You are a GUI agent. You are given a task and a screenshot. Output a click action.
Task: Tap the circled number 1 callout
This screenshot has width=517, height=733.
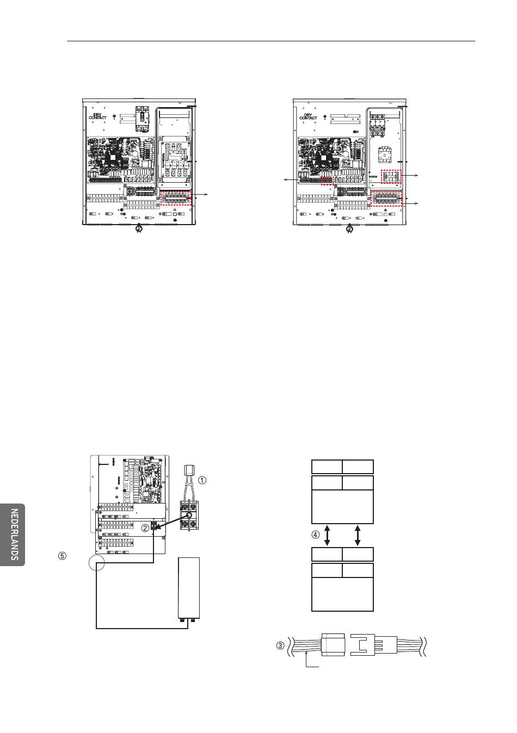click(202, 480)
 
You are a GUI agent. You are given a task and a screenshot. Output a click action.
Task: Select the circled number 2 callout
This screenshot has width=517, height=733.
click(145, 528)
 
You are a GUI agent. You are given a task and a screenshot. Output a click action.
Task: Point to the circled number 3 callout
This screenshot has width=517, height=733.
click(281, 645)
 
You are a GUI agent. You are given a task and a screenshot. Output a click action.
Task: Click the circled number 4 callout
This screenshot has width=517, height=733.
click(315, 535)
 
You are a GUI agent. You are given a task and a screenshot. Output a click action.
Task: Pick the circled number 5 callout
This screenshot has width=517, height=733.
click(62, 556)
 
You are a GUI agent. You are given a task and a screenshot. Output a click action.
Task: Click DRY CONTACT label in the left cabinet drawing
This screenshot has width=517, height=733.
click(97, 116)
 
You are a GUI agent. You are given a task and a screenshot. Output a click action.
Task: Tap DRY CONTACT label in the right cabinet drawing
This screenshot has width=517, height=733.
click(308, 116)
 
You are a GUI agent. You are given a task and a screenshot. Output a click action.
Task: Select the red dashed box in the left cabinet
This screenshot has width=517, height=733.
click(176, 198)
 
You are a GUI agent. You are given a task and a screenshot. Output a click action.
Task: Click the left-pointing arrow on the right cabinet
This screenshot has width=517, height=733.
click(291, 179)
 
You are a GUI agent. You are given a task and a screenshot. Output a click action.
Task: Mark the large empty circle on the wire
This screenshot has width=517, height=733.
click(96, 563)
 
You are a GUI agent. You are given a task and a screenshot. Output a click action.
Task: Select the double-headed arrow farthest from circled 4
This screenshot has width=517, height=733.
click(358, 536)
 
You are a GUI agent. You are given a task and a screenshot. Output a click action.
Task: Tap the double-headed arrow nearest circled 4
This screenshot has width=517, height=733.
click(327, 536)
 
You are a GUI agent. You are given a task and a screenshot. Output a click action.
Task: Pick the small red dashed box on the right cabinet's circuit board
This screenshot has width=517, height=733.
click(327, 181)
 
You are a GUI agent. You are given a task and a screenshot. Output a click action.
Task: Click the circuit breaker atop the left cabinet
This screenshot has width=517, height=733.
click(143, 119)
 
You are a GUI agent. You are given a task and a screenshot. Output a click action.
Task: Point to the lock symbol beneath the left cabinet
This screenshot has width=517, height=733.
click(138, 228)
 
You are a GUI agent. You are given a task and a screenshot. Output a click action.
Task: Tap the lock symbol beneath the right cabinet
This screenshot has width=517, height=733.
click(349, 229)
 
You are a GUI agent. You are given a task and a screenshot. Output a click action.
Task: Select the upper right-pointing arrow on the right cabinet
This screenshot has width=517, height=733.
click(410, 176)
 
